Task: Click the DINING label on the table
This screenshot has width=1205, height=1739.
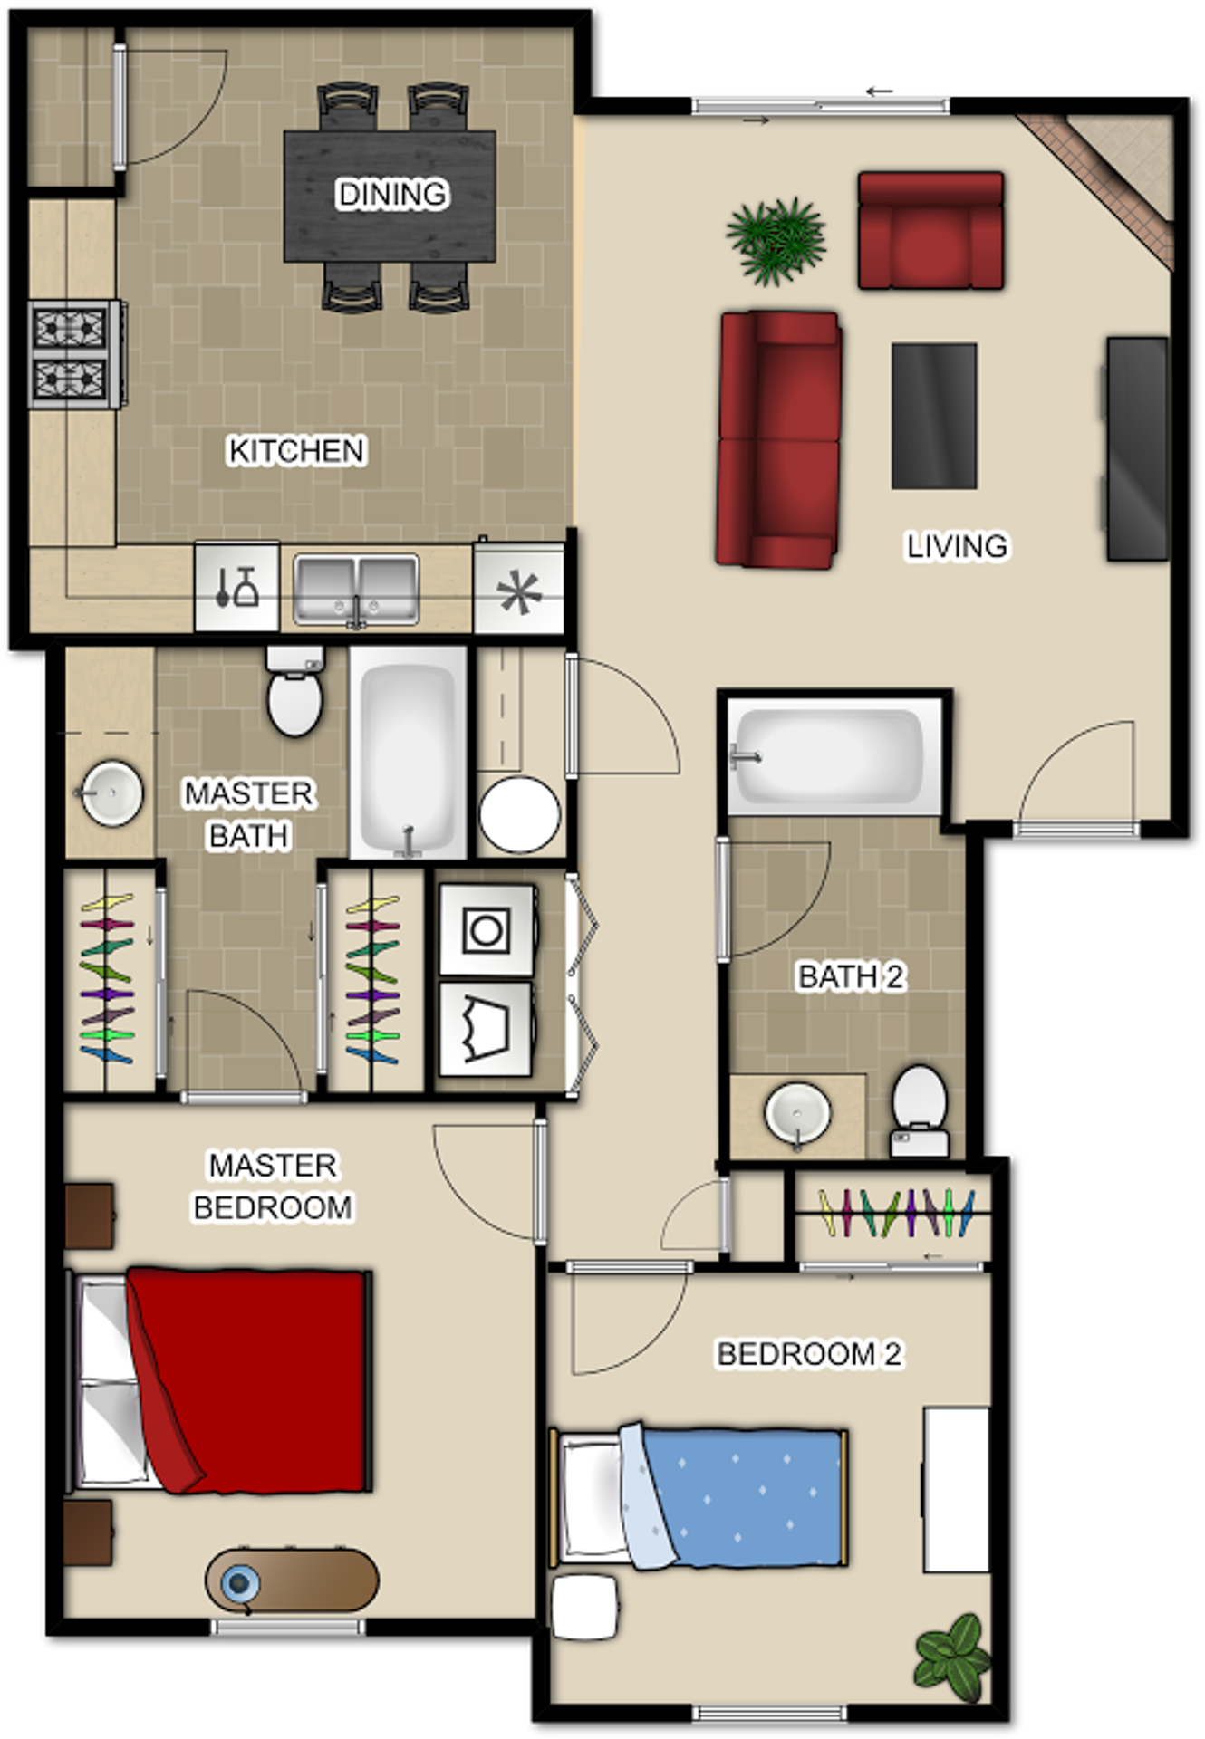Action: [391, 194]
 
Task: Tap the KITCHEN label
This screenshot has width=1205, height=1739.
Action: [296, 450]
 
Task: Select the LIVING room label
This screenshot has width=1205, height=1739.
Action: [957, 546]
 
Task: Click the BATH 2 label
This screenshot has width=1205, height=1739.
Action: [850, 976]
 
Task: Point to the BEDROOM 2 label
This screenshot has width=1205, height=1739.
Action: [809, 1354]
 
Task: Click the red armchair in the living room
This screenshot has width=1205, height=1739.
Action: [930, 231]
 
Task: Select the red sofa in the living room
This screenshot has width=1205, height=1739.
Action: [778, 439]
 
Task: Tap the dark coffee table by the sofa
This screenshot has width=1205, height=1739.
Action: [934, 416]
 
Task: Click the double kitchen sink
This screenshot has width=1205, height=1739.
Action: [356, 590]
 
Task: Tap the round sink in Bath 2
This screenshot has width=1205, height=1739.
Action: [797, 1113]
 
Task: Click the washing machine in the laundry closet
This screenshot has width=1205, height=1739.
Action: [487, 930]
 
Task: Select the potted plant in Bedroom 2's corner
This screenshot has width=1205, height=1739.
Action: [951, 1657]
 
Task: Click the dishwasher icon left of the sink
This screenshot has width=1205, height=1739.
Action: [236, 587]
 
